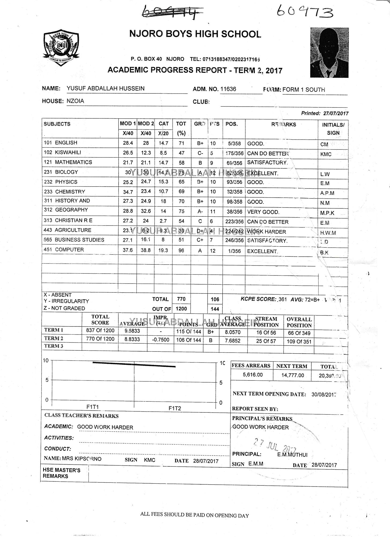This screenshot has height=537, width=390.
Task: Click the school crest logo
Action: (x=61, y=48)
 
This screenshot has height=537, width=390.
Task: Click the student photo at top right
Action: (x=329, y=53)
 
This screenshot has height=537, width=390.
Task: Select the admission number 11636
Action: (x=228, y=89)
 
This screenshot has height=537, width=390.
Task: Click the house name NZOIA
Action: (x=75, y=101)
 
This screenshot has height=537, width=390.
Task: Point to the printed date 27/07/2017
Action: (x=336, y=113)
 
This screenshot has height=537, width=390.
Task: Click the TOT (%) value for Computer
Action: (x=181, y=251)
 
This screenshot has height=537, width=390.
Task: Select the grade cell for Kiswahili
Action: (x=200, y=153)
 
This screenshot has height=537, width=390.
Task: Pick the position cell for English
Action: (x=234, y=143)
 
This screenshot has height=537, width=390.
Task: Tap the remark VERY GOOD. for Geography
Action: (x=263, y=212)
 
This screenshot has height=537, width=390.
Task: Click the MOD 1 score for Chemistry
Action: (x=128, y=192)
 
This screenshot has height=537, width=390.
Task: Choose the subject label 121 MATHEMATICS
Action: (x=68, y=162)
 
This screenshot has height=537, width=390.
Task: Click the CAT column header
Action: (x=163, y=124)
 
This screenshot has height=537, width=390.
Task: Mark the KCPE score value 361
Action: (x=282, y=299)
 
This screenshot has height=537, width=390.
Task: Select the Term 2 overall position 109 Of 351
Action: (x=299, y=342)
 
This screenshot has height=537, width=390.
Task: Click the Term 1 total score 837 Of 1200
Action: (x=100, y=330)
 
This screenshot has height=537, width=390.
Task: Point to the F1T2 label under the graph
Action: (x=175, y=408)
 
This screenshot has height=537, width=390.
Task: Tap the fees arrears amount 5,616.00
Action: (x=253, y=375)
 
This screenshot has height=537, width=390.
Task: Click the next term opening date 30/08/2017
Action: (x=323, y=394)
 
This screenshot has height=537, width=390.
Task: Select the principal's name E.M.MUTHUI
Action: (x=292, y=455)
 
